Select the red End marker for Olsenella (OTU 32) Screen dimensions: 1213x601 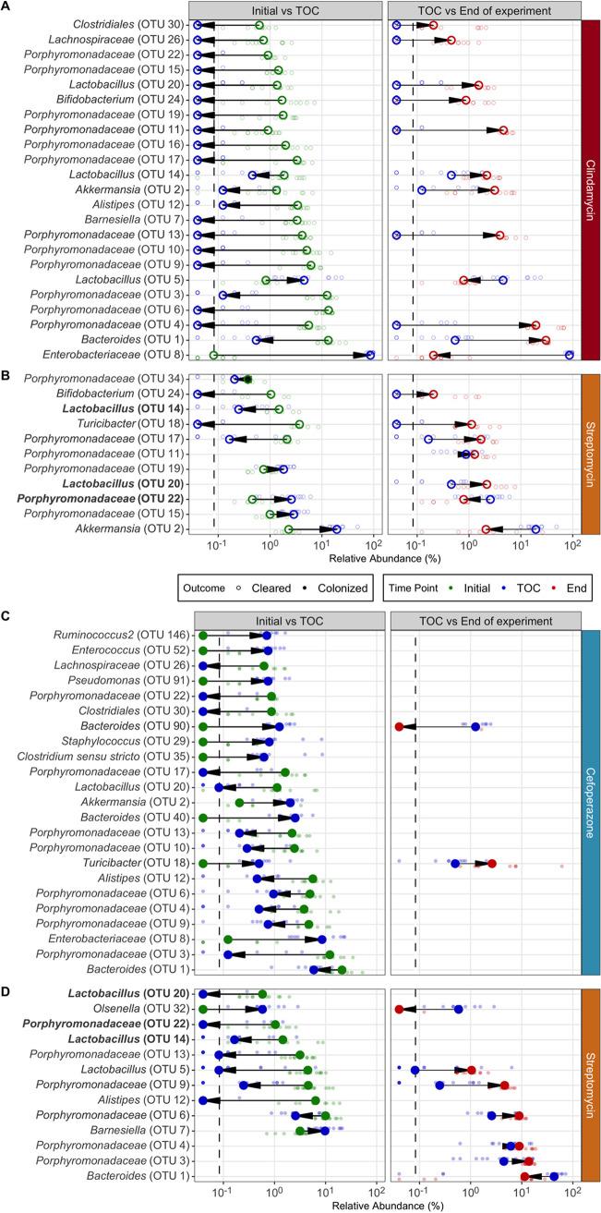(399, 1010)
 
